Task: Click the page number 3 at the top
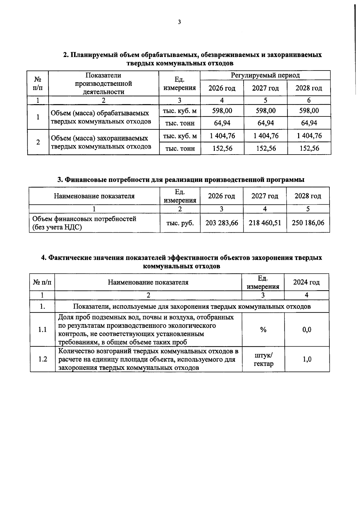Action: tap(179, 22)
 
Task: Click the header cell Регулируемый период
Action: tap(265, 75)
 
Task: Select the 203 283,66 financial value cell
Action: tap(222, 223)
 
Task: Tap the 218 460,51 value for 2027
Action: tap(265, 223)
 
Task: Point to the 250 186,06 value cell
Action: tap(308, 223)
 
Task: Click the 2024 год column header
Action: tap(306, 282)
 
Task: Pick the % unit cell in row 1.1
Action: tap(263, 330)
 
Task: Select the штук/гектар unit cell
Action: tap(263, 360)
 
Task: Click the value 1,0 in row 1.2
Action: tap(307, 359)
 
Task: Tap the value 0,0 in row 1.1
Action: tap(307, 330)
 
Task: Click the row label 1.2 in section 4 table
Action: tap(43, 359)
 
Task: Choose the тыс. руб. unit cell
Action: tap(180, 223)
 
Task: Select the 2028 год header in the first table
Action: tap(309, 88)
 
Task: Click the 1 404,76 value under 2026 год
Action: tap(222, 136)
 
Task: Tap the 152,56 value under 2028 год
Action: tap(309, 148)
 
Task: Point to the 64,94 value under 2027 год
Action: tap(265, 123)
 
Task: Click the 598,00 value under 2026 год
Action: tap(222, 111)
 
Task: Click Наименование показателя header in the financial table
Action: tap(94, 196)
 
